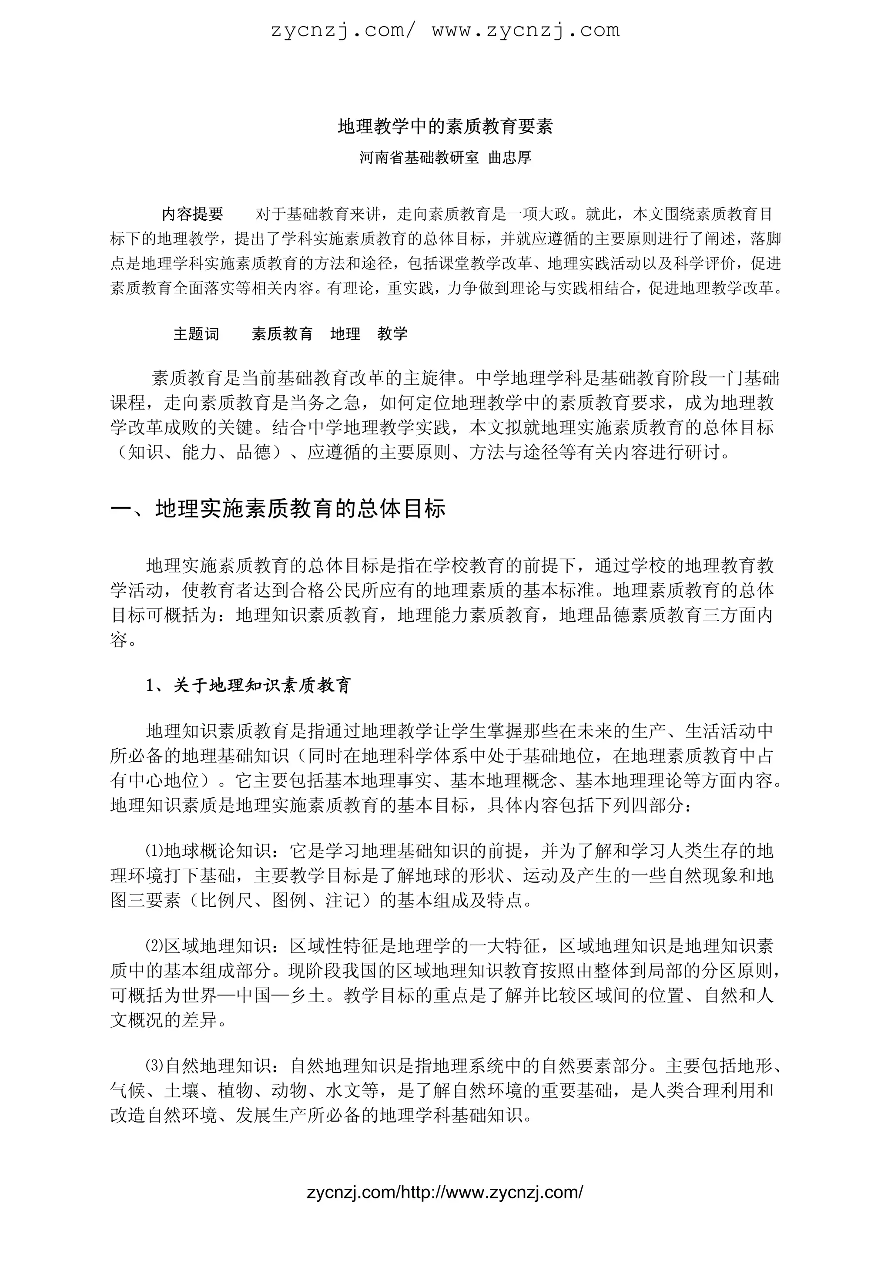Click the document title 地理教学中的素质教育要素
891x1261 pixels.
click(x=445, y=127)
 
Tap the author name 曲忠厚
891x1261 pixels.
click(x=510, y=158)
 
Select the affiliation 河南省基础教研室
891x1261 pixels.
click(x=419, y=158)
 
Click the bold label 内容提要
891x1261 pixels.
click(x=192, y=214)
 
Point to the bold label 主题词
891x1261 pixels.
click(x=196, y=334)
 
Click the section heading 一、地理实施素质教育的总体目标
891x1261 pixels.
click(x=278, y=509)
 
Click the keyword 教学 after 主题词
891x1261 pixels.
click(x=392, y=334)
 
